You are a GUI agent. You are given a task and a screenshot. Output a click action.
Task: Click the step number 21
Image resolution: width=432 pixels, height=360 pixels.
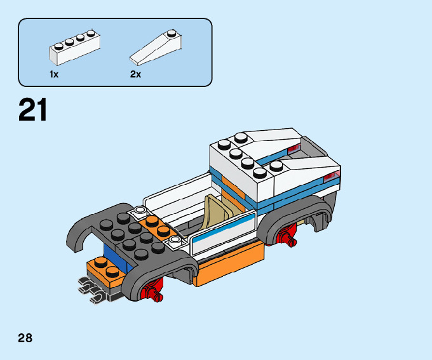33,110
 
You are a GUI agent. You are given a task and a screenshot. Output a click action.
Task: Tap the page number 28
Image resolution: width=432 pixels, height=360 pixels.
25,338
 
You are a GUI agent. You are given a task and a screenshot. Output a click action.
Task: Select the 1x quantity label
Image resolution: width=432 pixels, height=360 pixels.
54,74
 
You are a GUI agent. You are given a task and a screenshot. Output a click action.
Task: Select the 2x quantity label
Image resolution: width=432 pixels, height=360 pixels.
135,74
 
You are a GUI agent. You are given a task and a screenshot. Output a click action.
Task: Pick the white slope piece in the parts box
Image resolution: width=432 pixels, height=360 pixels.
155,48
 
